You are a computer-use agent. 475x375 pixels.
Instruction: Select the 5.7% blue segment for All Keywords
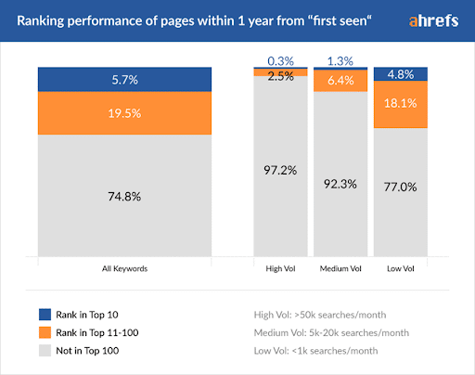click(124, 80)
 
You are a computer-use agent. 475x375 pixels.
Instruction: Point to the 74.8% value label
click(124, 195)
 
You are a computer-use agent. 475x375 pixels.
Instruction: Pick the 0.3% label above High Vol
click(282, 60)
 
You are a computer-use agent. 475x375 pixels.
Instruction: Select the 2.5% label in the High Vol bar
click(282, 75)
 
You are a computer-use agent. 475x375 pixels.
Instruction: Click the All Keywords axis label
click(124, 268)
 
